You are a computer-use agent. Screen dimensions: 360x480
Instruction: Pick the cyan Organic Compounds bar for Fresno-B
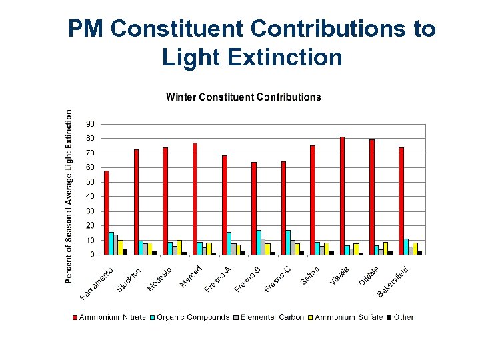point(259,242)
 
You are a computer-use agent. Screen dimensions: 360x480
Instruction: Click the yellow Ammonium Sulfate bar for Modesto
point(179,247)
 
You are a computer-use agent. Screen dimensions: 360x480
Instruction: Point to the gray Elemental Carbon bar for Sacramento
point(115,244)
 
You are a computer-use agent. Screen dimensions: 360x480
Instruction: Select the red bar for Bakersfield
point(401,201)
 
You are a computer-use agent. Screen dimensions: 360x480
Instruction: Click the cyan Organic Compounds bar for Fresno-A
point(229,243)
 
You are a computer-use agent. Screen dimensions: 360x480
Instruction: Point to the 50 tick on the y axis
point(89,182)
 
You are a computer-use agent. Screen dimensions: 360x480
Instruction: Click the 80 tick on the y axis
point(89,139)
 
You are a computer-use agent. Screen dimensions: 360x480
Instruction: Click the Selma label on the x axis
point(311,275)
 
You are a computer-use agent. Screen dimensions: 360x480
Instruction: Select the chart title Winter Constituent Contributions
point(243,97)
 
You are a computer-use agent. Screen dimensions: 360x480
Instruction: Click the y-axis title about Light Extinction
point(70,196)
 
